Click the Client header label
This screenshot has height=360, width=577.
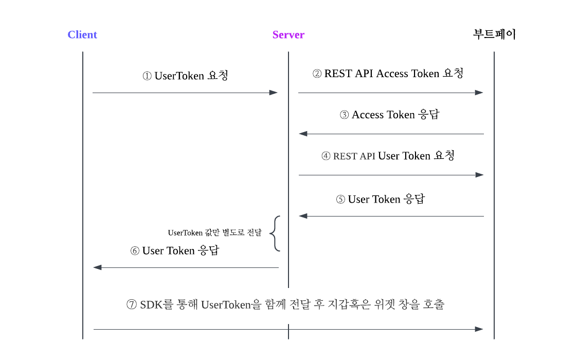(82, 35)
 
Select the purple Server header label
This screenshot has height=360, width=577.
(288, 35)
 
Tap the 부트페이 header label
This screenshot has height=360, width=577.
(494, 34)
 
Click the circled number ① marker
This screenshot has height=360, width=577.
(147, 76)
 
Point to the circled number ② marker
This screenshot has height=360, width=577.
(317, 74)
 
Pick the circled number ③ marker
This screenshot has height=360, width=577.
(345, 115)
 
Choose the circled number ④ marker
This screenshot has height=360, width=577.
(326, 156)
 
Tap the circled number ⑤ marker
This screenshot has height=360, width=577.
(340, 200)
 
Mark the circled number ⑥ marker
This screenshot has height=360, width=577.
(135, 251)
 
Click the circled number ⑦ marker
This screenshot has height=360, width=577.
(132, 304)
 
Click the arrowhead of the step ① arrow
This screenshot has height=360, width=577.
(274, 93)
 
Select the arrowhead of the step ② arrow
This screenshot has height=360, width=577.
(479, 93)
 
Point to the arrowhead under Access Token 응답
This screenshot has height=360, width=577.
(303, 134)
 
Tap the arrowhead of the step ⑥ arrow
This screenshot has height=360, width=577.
(97, 267)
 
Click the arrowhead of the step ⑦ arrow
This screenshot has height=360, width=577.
(479, 329)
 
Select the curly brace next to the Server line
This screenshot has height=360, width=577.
(275, 233)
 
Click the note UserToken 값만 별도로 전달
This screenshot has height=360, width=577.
(214, 233)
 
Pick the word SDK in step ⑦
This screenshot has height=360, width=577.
(150, 304)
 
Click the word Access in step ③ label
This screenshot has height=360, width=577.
(368, 115)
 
